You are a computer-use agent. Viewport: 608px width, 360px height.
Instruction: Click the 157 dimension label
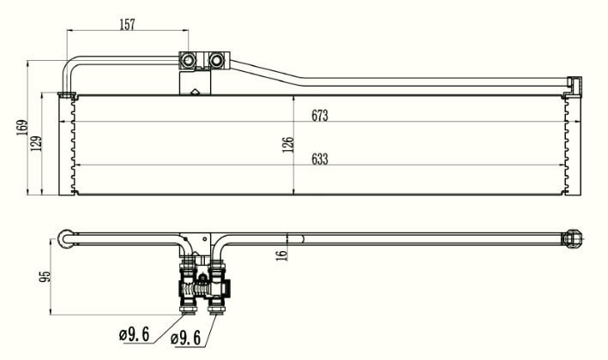(127, 24)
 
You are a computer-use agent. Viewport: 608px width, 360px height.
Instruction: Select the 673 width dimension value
(320, 116)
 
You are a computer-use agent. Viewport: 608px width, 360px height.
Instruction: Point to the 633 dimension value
(320, 159)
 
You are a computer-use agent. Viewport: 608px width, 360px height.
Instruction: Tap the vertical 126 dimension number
(288, 145)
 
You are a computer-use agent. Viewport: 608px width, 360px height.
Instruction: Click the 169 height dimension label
(22, 128)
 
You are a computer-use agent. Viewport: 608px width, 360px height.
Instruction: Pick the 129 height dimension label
(36, 143)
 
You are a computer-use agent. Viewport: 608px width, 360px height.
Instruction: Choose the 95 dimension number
(45, 276)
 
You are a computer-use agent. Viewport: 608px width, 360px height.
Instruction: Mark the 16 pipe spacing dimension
(282, 255)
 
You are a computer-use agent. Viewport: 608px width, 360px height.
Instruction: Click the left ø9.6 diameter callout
(134, 334)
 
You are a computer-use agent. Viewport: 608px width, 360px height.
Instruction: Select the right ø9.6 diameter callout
(186, 339)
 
